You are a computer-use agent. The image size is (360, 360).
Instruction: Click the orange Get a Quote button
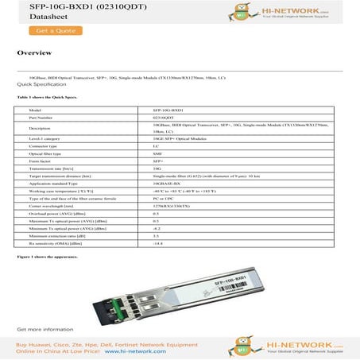(48, 31)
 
